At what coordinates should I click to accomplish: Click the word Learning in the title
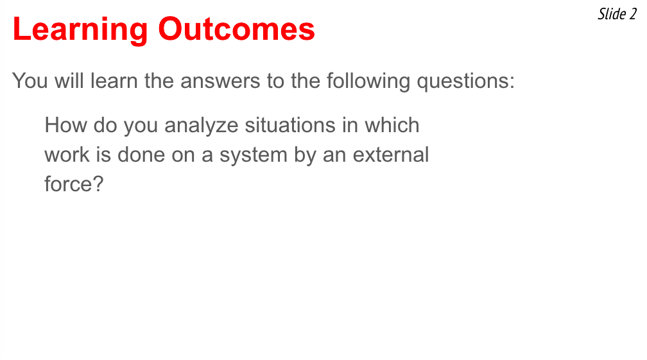click(80, 30)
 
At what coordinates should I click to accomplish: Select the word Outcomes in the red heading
click(236, 29)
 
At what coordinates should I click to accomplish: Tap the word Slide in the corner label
click(612, 14)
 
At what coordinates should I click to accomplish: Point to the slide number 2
click(633, 14)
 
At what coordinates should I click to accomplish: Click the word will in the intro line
click(69, 80)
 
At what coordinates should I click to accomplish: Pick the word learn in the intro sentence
click(114, 80)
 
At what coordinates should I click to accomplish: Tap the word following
click(368, 81)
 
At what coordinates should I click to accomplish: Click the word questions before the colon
click(463, 81)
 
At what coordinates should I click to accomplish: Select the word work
click(67, 155)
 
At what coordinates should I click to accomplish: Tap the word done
click(141, 155)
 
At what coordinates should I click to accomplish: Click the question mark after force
click(98, 184)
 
